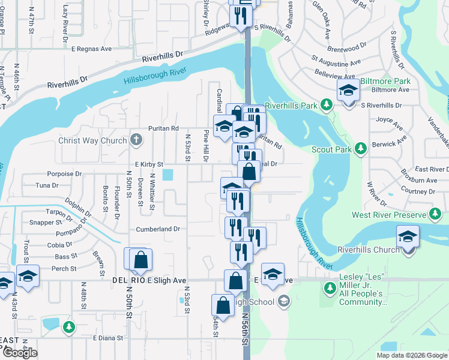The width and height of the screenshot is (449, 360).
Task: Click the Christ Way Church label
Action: [x=92, y=141]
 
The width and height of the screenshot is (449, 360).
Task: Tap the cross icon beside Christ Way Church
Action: [x=136, y=141]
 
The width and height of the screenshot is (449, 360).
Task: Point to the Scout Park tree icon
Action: [x=360, y=148]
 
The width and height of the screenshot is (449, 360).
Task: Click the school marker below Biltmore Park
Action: [x=348, y=91]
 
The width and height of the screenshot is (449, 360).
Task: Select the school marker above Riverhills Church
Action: [x=408, y=237]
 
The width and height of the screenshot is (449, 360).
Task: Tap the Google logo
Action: [x=20, y=353]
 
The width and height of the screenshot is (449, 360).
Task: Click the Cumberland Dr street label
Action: [x=158, y=229]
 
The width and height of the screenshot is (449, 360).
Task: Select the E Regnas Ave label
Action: [x=92, y=49]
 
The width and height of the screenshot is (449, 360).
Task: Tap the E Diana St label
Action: [x=108, y=338]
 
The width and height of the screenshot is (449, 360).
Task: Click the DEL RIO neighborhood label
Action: [x=125, y=280]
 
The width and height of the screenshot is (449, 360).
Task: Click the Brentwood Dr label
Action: [x=347, y=47]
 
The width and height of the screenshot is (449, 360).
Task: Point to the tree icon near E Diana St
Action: [x=69, y=327]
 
